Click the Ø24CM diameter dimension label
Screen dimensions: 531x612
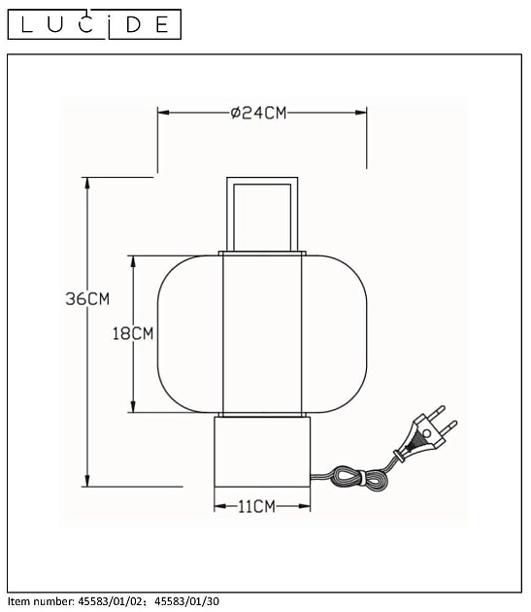(x=258, y=113)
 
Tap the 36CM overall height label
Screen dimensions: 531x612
(x=87, y=299)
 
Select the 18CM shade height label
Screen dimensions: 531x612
(x=133, y=334)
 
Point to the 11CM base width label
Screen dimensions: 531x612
(x=256, y=507)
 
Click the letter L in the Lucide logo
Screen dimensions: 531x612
(x=27, y=24)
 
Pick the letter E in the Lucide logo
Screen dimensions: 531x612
(x=162, y=24)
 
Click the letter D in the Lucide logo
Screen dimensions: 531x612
(x=134, y=24)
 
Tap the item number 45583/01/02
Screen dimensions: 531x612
(x=112, y=601)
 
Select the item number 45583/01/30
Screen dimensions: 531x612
(x=187, y=601)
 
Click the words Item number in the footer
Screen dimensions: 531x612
(x=41, y=601)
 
